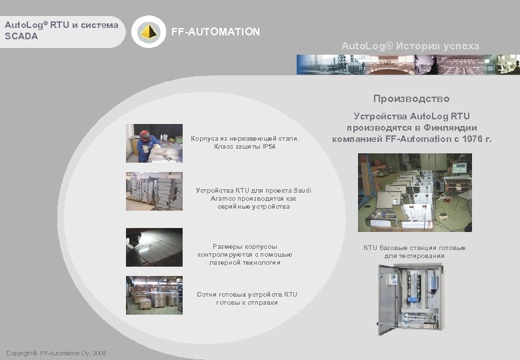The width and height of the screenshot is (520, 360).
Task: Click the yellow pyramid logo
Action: [x=147, y=31]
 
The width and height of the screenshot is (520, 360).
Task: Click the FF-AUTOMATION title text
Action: [x=216, y=32]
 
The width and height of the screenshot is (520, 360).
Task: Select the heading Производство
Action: [x=411, y=99]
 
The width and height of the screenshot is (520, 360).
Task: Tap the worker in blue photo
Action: [x=145, y=143]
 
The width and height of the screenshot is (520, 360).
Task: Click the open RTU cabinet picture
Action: [x=409, y=299]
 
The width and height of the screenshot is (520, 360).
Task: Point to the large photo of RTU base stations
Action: [x=414, y=193]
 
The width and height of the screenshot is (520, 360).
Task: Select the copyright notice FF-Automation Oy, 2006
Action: [x=55, y=353]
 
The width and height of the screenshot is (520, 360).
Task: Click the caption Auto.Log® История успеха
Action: [x=409, y=46]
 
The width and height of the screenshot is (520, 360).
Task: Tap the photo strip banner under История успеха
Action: [x=407, y=64]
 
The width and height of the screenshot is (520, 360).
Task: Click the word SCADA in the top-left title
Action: [x=21, y=36]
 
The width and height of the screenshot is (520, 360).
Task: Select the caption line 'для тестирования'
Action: [x=414, y=256]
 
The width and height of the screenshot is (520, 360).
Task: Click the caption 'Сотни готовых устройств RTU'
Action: [x=247, y=295]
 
